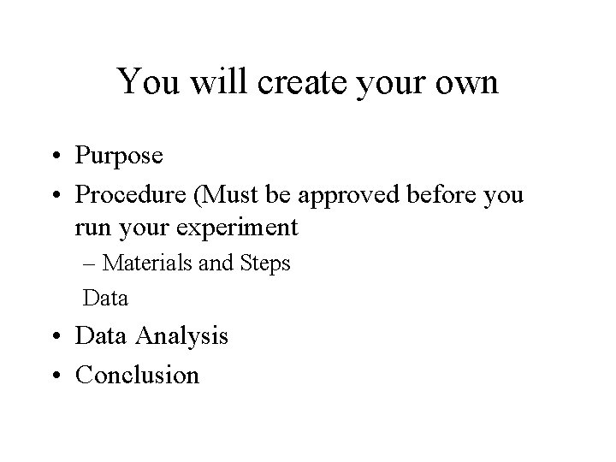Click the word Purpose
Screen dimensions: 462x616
[117, 157]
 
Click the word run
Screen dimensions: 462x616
[92, 229]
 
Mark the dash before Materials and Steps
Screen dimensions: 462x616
[87, 264]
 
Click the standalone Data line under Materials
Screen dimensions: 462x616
[105, 299]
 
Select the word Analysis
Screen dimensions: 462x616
[181, 336]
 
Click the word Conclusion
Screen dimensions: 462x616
[137, 375]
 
